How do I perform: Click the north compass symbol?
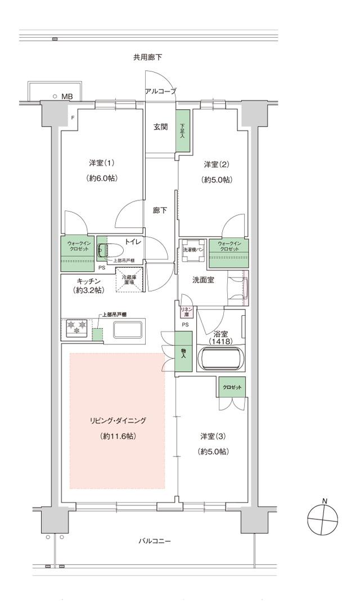[x=323, y=520]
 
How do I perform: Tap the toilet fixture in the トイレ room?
[x=111, y=249]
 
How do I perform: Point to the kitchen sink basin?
[x=129, y=330]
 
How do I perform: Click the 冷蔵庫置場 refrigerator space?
[x=129, y=279]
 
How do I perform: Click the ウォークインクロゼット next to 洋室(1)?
[x=77, y=253]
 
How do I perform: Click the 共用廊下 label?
[x=148, y=57]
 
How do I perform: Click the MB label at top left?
[x=67, y=97]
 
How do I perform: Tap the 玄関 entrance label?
[x=161, y=127]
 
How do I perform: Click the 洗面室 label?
[x=202, y=280]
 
